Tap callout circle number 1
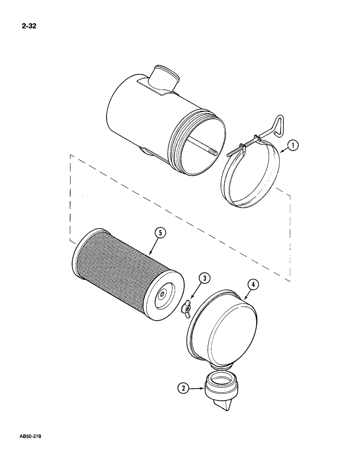click(x=292, y=147)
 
